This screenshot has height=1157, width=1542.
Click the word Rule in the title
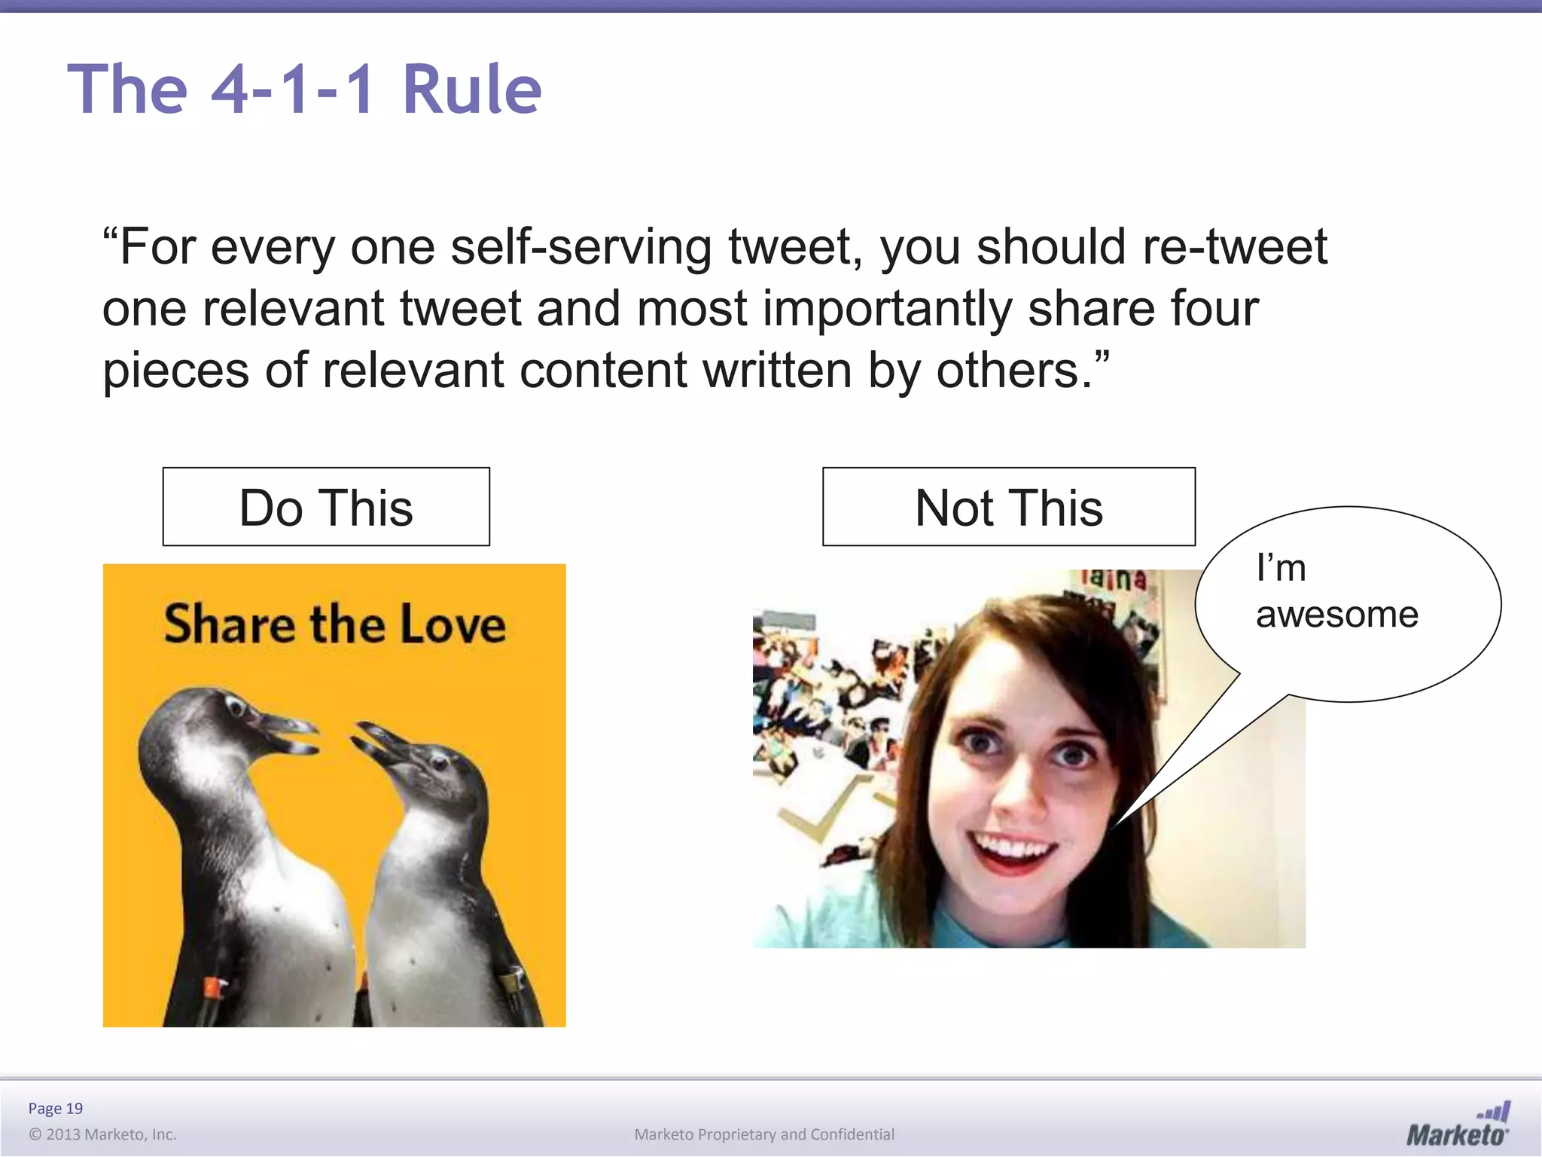tap(471, 90)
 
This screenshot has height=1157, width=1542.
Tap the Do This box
tap(326, 507)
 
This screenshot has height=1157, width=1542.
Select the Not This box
tap(1008, 507)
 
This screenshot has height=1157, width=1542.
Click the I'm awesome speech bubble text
tap(1336, 591)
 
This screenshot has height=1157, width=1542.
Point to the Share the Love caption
tap(334, 624)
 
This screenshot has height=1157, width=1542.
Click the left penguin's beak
tap(290, 734)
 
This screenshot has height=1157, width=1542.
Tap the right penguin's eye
tap(439, 762)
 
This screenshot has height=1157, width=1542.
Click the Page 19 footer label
tap(55, 1108)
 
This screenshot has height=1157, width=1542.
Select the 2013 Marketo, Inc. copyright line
tap(102, 1134)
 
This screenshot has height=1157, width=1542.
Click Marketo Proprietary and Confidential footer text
tap(764, 1134)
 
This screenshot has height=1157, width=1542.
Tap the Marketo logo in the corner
tap(1457, 1125)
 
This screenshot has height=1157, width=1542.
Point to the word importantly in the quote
tap(888, 309)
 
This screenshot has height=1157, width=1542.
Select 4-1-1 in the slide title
tap(292, 90)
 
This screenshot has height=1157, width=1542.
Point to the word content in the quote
tap(603, 371)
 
